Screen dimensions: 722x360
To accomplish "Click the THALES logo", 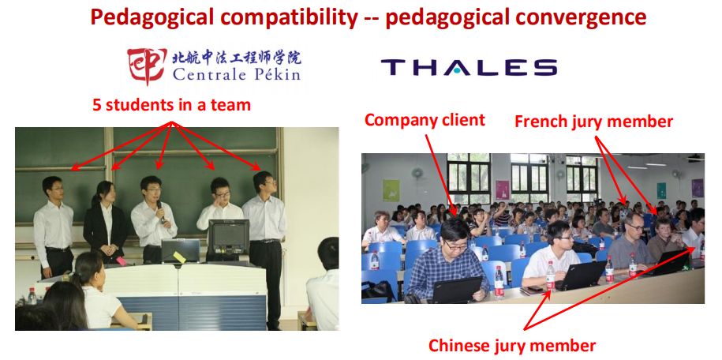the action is point(469,67).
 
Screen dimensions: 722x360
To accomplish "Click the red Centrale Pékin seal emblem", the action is point(147,66).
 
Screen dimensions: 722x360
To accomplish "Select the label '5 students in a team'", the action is point(172,105).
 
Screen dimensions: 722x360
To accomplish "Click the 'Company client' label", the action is point(425,120).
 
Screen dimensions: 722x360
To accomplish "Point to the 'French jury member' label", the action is point(593,122).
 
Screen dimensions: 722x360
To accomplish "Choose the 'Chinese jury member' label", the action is point(512,345).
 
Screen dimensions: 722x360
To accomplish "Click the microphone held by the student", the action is point(161,211).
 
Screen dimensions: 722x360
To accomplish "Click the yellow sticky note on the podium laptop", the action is point(179,257).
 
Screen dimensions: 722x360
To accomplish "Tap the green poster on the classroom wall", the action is point(391,190).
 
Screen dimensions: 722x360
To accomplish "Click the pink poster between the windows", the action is point(503,190).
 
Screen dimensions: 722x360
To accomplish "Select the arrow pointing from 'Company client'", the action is point(441,175).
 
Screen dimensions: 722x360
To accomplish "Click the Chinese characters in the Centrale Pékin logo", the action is point(237,58).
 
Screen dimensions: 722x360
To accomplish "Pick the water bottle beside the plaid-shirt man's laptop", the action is point(499,282).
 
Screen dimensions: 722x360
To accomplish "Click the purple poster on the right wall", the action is point(697,188).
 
